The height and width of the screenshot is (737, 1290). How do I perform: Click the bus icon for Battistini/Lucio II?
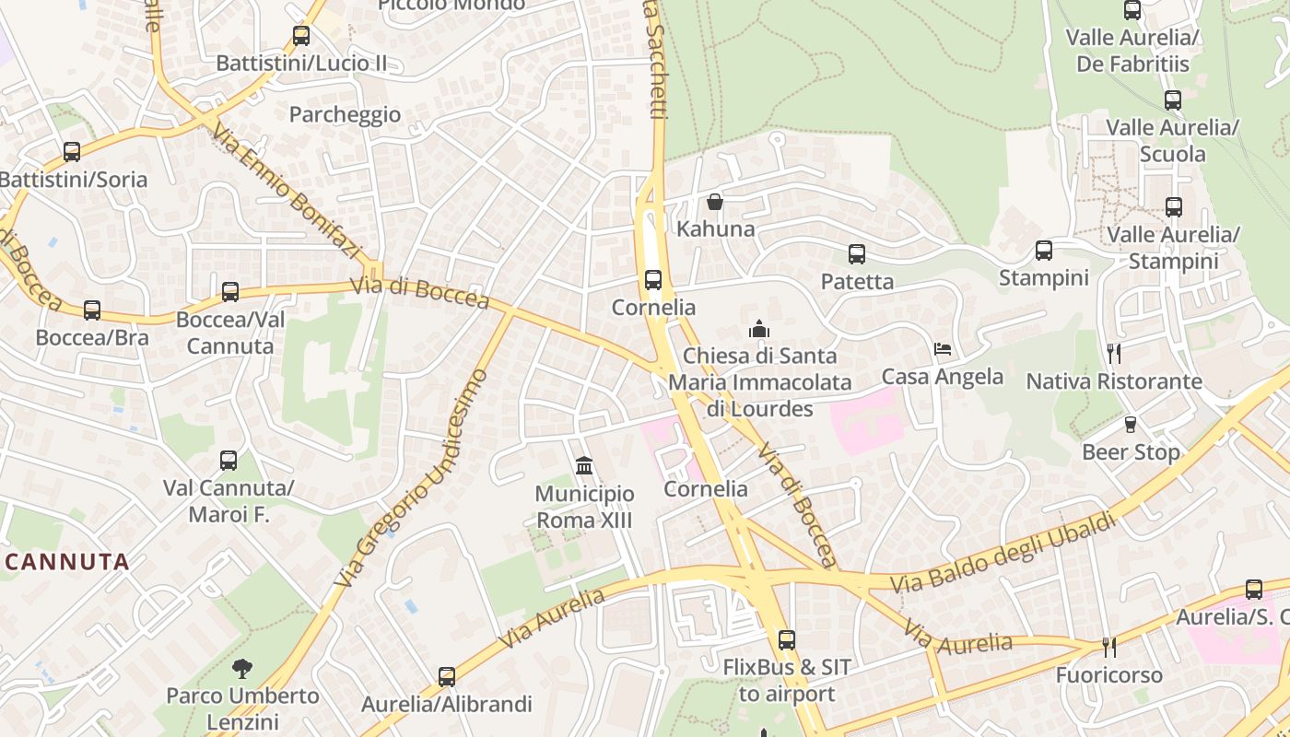click(300, 36)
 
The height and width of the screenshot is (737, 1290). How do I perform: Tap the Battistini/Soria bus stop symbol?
click(72, 152)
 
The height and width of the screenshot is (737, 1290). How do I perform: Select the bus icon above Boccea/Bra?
click(92, 310)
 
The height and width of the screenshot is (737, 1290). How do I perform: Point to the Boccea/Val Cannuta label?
click(230, 333)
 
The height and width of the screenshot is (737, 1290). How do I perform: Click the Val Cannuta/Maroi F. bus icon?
click(229, 461)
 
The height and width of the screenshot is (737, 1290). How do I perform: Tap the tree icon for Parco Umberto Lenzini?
click(242, 668)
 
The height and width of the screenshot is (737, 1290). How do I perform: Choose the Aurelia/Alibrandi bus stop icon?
click(447, 677)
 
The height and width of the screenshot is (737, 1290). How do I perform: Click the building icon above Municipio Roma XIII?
click(584, 466)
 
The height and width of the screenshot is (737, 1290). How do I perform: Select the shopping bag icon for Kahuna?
click(715, 202)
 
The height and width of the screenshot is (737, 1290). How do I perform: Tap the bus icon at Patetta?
click(857, 254)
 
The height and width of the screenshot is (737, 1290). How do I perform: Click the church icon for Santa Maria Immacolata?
click(759, 329)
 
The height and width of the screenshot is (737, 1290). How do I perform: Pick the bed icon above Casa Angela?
click(942, 349)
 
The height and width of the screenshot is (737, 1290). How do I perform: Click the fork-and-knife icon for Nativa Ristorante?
click(1114, 354)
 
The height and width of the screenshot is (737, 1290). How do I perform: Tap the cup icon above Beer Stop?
click(1131, 425)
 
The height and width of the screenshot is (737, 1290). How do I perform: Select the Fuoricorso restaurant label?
click(1109, 674)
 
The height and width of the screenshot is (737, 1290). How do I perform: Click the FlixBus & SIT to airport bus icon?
click(786, 639)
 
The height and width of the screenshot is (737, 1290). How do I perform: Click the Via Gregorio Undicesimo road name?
click(412, 478)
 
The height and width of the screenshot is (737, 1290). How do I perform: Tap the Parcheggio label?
click(345, 114)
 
